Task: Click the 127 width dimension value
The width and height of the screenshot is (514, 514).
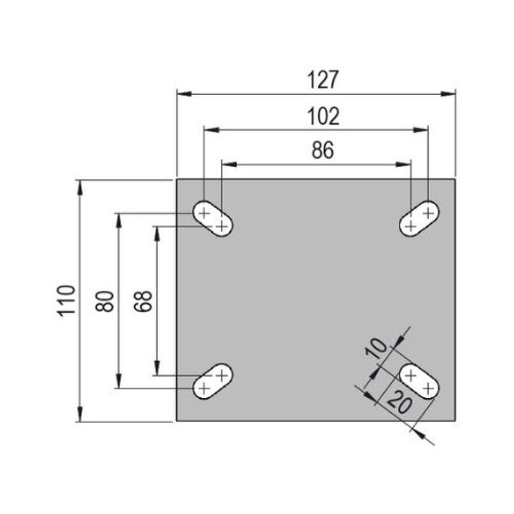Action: pos(323,80)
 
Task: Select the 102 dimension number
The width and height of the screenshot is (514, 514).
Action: pos(323,117)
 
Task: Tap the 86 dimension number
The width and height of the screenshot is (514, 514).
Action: pos(323,150)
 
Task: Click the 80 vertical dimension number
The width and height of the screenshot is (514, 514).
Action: pos(105,301)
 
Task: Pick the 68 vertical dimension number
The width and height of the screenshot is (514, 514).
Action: pos(143,301)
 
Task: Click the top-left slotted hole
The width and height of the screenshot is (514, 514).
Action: pos(213,219)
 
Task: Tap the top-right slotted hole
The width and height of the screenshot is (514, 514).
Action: pos(420,219)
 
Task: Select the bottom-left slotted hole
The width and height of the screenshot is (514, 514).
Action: pos(213,381)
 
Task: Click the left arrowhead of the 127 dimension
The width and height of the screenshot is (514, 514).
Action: pos(184,94)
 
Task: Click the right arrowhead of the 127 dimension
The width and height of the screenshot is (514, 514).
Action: pos(448,94)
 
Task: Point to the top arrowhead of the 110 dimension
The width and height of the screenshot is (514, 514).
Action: pos(79,187)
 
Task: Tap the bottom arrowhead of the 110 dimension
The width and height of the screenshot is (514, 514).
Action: pos(79,414)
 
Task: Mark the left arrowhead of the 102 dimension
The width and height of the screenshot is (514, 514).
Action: pos(211,130)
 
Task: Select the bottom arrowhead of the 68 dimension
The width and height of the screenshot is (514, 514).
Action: pos(157,368)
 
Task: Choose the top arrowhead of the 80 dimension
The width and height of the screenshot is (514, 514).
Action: pos(119,221)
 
